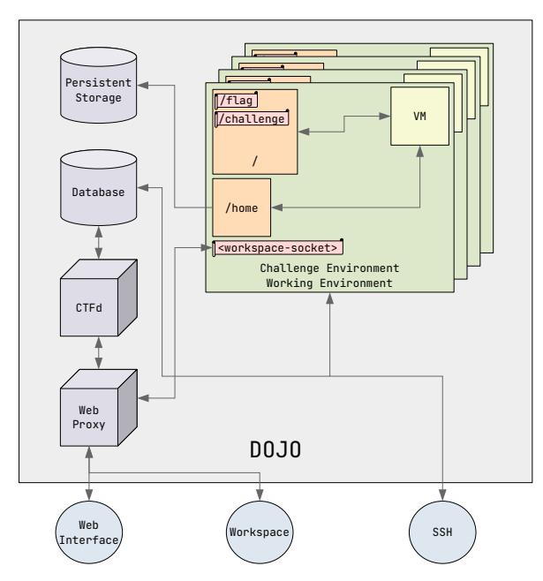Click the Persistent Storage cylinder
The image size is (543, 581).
(99, 87)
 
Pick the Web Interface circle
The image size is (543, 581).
(88, 532)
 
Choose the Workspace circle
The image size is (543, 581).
(260, 532)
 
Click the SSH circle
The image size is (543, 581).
(441, 532)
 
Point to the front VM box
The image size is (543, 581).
(419, 117)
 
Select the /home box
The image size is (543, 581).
(240, 207)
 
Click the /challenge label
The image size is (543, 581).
(252, 117)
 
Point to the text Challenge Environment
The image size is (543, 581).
(329, 268)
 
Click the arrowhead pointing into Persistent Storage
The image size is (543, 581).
(148, 86)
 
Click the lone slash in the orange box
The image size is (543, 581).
(255, 162)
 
